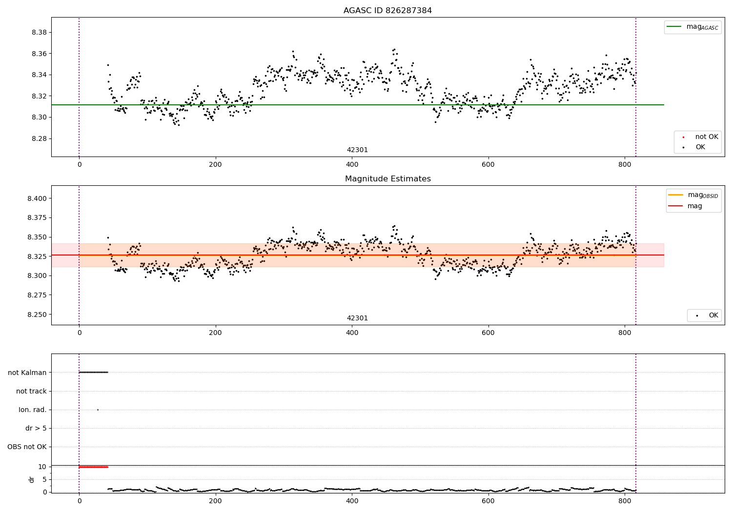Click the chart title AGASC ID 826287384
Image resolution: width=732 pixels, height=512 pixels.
tap(387, 11)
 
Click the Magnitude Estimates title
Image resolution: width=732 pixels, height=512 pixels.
tap(387, 179)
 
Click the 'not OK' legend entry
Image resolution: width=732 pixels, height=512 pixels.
tap(706, 137)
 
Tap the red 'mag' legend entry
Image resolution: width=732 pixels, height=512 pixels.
tap(694, 206)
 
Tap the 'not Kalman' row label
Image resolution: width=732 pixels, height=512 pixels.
tap(27, 373)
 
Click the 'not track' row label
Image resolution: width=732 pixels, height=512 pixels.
tap(31, 391)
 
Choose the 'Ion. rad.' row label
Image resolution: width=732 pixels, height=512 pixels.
tap(33, 410)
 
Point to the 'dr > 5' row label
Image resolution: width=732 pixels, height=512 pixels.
tap(36, 428)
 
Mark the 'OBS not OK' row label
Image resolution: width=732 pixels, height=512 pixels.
tap(27, 447)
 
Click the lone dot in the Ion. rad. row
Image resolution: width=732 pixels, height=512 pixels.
tap(98, 410)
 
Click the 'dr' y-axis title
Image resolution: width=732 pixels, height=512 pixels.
tap(32, 479)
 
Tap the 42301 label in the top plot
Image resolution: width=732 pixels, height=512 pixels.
tap(357, 150)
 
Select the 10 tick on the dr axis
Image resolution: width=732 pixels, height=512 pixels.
tap(42, 467)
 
